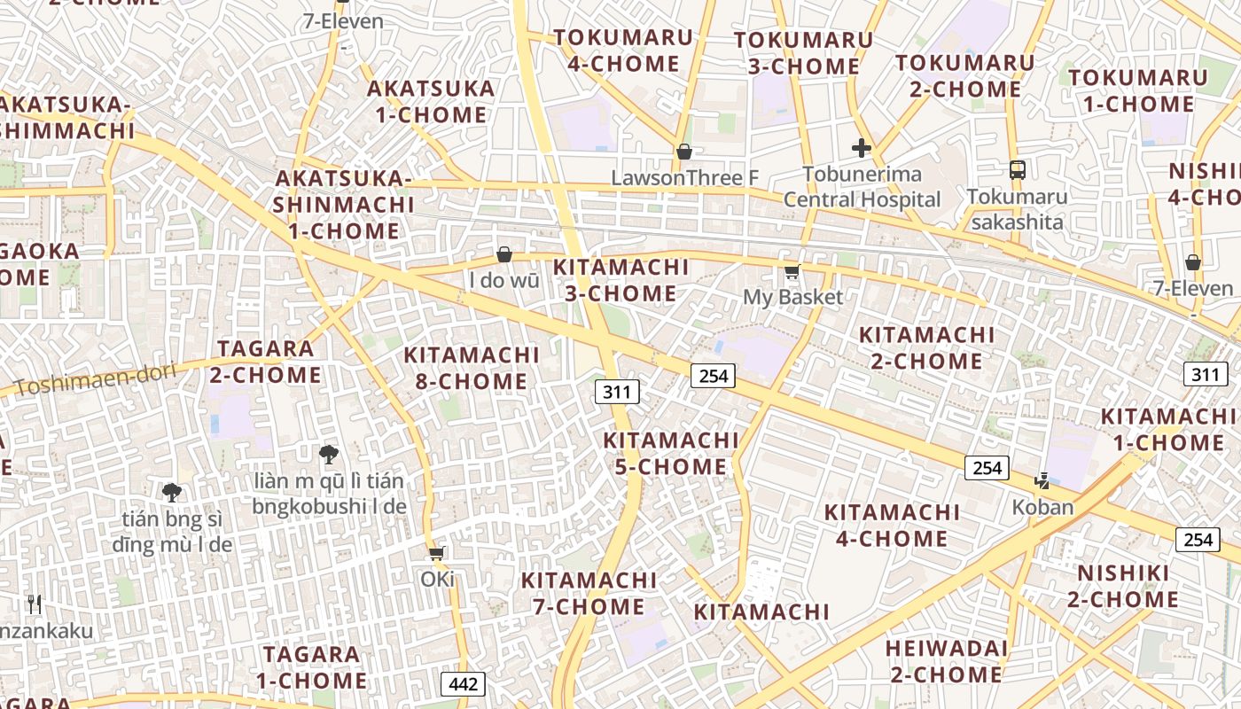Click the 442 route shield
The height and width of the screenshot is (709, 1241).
pyautogui.click(x=463, y=683)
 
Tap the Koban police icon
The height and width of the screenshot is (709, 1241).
pyautogui.click(x=1042, y=481)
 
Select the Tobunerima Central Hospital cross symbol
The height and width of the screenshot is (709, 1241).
pyautogui.click(x=861, y=148)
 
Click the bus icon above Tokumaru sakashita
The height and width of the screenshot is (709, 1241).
pyautogui.click(x=1018, y=169)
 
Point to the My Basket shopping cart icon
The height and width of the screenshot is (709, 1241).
pyautogui.click(x=792, y=271)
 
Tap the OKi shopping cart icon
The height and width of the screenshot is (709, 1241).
pyautogui.click(x=436, y=553)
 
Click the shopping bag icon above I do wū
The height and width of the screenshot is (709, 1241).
pyautogui.click(x=504, y=255)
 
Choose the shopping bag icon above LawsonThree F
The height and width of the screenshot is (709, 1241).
pyautogui.click(x=683, y=152)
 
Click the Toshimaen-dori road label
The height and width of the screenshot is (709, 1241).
pyautogui.click(x=96, y=379)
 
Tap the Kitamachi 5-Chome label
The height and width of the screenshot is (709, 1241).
pyautogui.click(x=671, y=453)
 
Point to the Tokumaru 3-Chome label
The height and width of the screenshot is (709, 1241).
pyautogui.click(x=803, y=53)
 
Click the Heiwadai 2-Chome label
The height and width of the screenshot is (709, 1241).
pyautogui.click(x=947, y=661)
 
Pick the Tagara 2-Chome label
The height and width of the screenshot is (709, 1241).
pyautogui.click(x=266, y=362)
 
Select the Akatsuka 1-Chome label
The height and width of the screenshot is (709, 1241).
pyautogui.click(x=431, y=101)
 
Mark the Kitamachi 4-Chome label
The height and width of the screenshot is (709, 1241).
pyautogui.click(x=892, y=525)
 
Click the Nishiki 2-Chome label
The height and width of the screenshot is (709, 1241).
pyautogui.click(x=1123, y=586)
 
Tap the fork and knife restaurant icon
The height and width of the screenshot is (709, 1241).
pyautogui.click(x=35, y=604)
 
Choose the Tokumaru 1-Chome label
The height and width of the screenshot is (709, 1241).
pyautogui.click(x=1138, y=90)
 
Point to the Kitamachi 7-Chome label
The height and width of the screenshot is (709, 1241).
pyautogui.click(x=589, y=593)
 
